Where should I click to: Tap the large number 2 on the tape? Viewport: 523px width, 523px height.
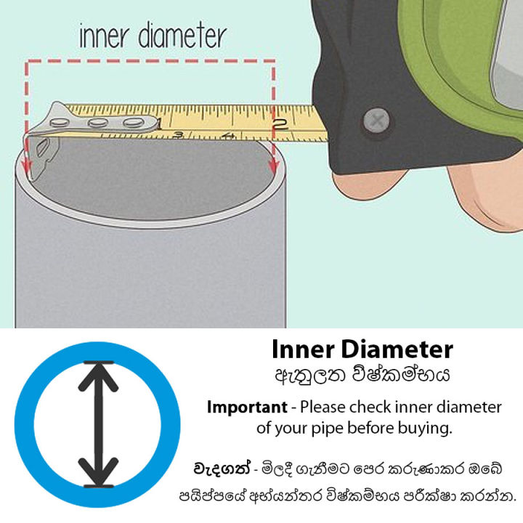282,123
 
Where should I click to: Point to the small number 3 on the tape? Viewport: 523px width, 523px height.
178,134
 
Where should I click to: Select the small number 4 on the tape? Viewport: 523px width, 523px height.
228,137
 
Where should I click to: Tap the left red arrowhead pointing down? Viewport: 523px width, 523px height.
27,169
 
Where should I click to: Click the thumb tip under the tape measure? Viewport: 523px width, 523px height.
363,190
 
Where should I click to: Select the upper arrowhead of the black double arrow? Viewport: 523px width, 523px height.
100,374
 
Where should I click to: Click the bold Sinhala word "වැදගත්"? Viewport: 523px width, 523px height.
220,464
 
